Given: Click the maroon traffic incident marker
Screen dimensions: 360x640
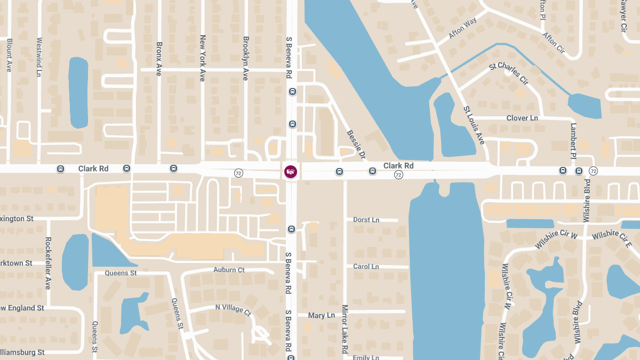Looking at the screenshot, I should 291,171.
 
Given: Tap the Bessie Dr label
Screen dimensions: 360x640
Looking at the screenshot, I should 356,145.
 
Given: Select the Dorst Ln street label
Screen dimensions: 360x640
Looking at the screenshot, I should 366,220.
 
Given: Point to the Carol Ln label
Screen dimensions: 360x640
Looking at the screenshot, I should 366,267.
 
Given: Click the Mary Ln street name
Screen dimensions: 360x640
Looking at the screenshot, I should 321,316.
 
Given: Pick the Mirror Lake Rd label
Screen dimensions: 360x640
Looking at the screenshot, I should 345,330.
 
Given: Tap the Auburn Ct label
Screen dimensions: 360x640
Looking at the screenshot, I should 229,270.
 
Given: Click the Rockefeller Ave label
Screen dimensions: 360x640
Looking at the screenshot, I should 48,263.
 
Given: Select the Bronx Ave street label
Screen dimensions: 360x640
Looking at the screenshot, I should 158,59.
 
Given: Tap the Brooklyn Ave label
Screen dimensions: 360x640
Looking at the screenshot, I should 245,58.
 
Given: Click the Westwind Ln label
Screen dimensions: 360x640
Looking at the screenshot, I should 39,57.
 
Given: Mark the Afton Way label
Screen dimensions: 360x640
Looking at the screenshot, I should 462,28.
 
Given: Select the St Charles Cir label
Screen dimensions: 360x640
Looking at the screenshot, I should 508,74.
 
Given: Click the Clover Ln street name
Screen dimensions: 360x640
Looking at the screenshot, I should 522,118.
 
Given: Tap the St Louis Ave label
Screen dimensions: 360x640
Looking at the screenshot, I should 474,125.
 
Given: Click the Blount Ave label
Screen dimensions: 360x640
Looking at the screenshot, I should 9,54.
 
